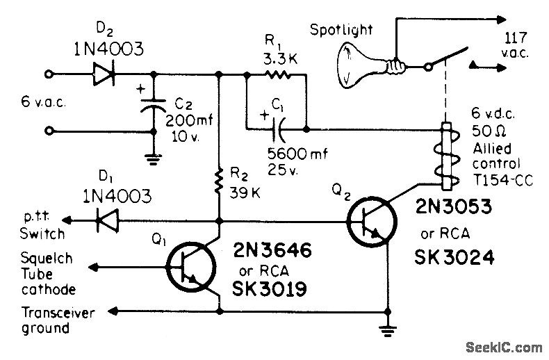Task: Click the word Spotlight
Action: tap(341, 29)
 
